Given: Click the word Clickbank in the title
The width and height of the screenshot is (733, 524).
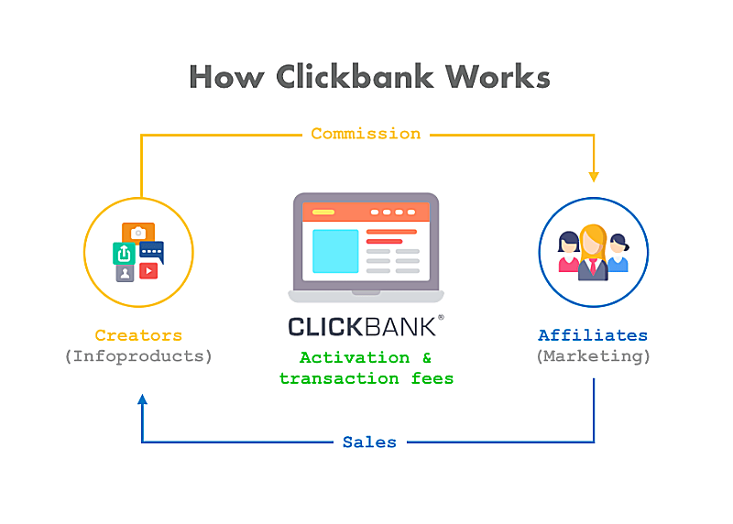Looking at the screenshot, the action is click(x=355, y=76).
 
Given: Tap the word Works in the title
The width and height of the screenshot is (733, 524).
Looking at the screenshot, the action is click(x=498, y=76).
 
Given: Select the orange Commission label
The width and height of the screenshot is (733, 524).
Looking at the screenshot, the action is click(x=366, y=134).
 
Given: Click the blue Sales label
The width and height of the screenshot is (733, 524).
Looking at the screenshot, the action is click(x=369, y=442).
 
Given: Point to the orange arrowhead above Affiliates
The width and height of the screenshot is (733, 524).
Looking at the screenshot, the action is click(x=594, y=177).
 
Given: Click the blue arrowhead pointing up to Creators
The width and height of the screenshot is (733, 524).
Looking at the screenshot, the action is click(x=143, y=398).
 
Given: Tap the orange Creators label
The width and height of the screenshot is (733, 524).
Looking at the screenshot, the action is click(x=138, y=335).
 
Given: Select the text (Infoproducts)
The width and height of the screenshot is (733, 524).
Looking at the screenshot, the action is click(x=138, y=356).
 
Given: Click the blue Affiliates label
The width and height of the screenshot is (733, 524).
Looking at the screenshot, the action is click(x=593, y=334).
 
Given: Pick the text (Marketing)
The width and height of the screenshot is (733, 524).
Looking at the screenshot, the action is click(x=593, y=356).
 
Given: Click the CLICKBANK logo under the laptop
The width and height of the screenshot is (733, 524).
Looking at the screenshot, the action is click(x=366, y=326).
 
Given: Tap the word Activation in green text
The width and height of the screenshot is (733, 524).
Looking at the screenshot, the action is click(x=355, y=357).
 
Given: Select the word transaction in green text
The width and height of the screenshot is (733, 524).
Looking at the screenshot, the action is click(x=339, y=378).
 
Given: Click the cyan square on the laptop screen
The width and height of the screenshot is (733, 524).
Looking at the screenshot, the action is click(x=335, y=251).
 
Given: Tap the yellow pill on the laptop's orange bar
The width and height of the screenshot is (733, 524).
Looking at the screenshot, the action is click(x=323, y=213).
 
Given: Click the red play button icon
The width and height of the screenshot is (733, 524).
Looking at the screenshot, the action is click(x=148, y=270).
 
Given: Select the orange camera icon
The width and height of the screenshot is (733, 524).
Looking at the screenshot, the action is click(x=138, y=232).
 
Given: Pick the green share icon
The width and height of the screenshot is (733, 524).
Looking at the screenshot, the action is click(x=124, y=254).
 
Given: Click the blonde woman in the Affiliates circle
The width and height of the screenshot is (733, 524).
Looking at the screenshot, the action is click(x=593, y=253).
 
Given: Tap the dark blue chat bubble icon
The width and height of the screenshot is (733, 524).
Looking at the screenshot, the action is click(x=151, y=252).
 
